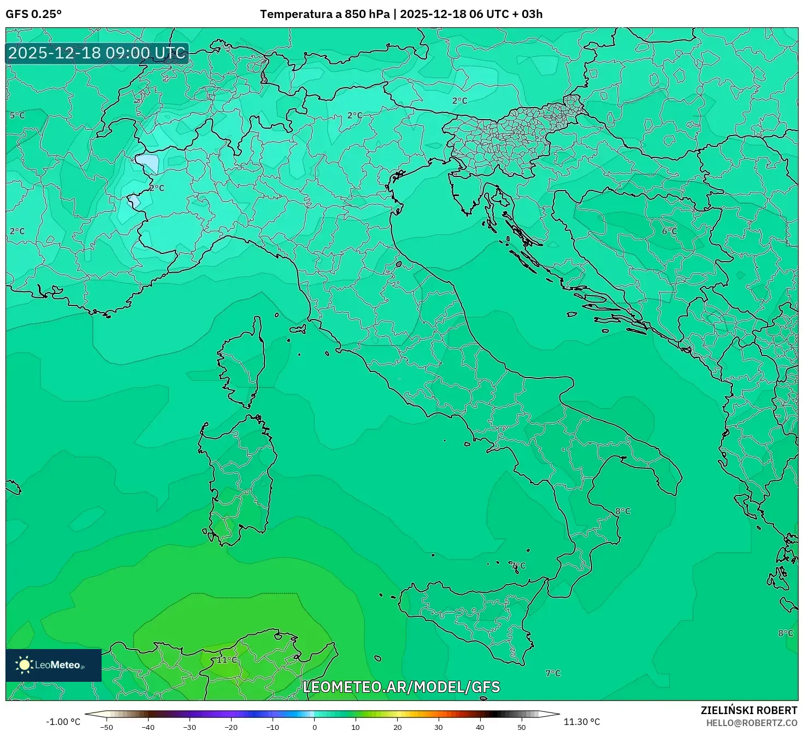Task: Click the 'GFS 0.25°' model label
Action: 33,14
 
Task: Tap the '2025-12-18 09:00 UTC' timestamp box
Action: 97,53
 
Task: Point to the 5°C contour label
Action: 17,115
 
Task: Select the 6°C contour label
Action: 669,231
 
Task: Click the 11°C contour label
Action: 227,659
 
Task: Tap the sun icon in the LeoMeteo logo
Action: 24,664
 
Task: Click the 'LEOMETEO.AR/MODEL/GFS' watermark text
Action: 401,687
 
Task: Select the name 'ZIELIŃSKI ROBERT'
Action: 749,710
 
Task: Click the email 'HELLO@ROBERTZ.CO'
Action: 751,723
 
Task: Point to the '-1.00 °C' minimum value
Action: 63,722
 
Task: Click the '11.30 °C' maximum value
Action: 582,722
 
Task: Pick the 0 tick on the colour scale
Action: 314,727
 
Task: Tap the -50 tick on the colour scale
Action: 107,727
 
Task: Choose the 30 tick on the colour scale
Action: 439,727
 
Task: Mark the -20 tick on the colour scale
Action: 231,727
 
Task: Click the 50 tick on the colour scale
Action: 522,727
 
